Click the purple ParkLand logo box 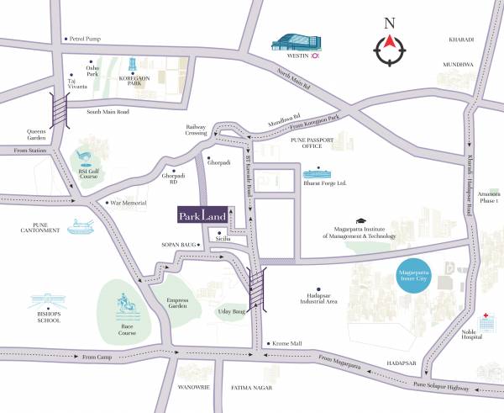pyautogui.click(x=202, y=215)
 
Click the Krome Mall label pyautogui.click(x=287, y=344)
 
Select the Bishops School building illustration pyautogui.click(x=50, y=301)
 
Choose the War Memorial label pyautogui.click(x=129, y=203)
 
